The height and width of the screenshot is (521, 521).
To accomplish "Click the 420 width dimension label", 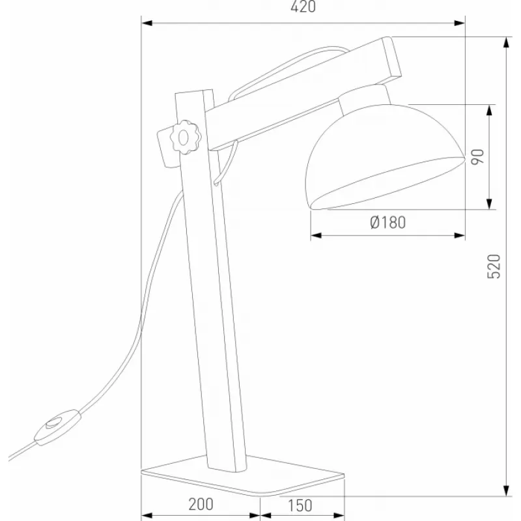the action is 303,7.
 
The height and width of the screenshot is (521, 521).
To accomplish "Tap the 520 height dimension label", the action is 494,266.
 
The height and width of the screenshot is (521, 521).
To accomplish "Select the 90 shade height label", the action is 477,157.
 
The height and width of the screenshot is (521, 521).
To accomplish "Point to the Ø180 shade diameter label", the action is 387,222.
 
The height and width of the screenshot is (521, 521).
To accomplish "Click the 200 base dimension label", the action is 201,504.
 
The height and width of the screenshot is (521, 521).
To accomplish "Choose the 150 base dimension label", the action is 300,505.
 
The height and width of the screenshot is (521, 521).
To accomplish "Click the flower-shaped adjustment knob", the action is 184,137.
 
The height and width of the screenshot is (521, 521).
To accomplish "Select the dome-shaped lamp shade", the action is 385,157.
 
